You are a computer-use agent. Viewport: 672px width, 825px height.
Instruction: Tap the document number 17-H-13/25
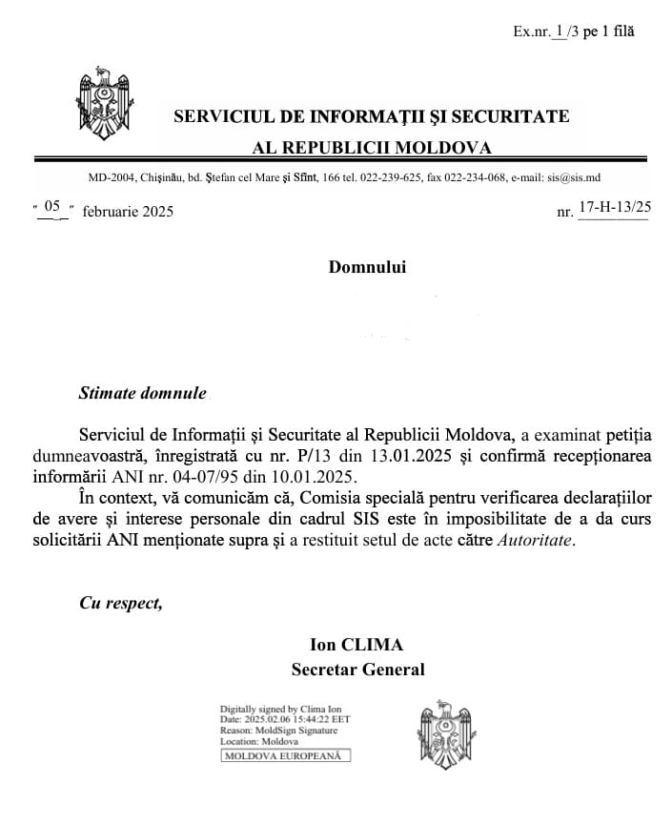[x=615, y=206]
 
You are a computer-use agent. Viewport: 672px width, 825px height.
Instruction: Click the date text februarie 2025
[x=128, y=212]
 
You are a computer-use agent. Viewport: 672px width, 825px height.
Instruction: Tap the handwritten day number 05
[x=51, y=206]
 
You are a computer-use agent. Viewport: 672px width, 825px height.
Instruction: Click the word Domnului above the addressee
[x=367, y=267]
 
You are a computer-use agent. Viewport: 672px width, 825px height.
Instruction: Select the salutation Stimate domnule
[x=142, y=393]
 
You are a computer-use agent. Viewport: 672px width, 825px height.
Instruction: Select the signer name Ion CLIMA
[x=357, y=647]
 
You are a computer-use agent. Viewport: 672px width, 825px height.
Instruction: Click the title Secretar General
[x=357, y=670]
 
